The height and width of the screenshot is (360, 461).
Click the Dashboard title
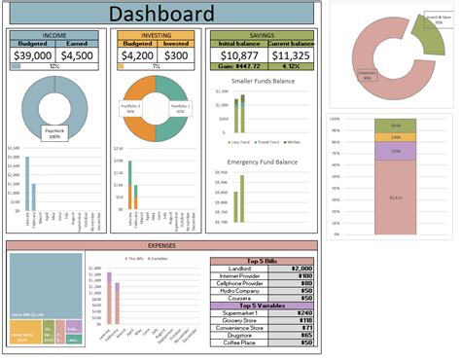pos(160,14)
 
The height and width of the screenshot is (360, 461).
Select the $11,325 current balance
pos(290,55)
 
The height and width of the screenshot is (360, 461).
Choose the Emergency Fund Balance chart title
pos(263,162)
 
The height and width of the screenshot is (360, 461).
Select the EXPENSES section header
pos(160,246)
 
